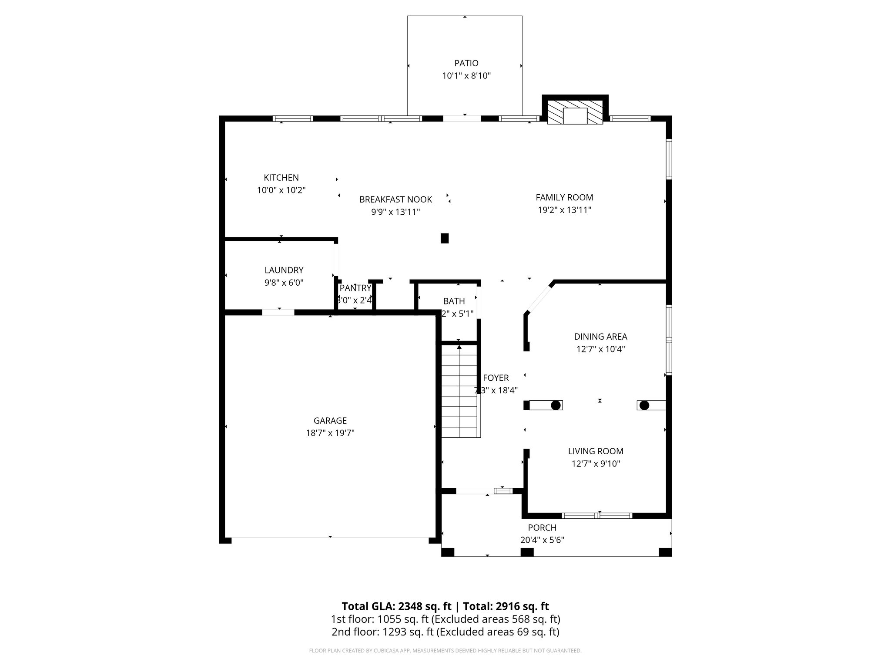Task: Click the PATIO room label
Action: click(x=466, y=63)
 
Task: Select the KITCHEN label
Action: click(x=281, y=178)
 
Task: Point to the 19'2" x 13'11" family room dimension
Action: click(x=564, y=210)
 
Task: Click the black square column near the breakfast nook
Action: click(x=445, y=238)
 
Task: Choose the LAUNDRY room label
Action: click(x=284, y=270)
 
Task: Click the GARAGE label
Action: click(x=330, y=421)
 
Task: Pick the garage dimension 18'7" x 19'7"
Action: click(x=330, y=433)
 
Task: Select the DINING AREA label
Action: click(x=600, y=337)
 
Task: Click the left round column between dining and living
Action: click(x=555, y=405)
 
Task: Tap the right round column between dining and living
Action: click(x=644, y=405)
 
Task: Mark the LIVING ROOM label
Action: click(x=596, y=452)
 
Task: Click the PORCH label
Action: click(x=542, y=528)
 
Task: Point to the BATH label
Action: click(x=454, y=301)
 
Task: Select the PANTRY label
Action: click(x=355, y=288)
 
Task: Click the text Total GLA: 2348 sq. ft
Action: click(x=396, y=606)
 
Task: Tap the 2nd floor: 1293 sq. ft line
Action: click(x=445, y=632)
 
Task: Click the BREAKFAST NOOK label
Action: click(x=395, y=199)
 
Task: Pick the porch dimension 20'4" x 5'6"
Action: click(x=542, y=540)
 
